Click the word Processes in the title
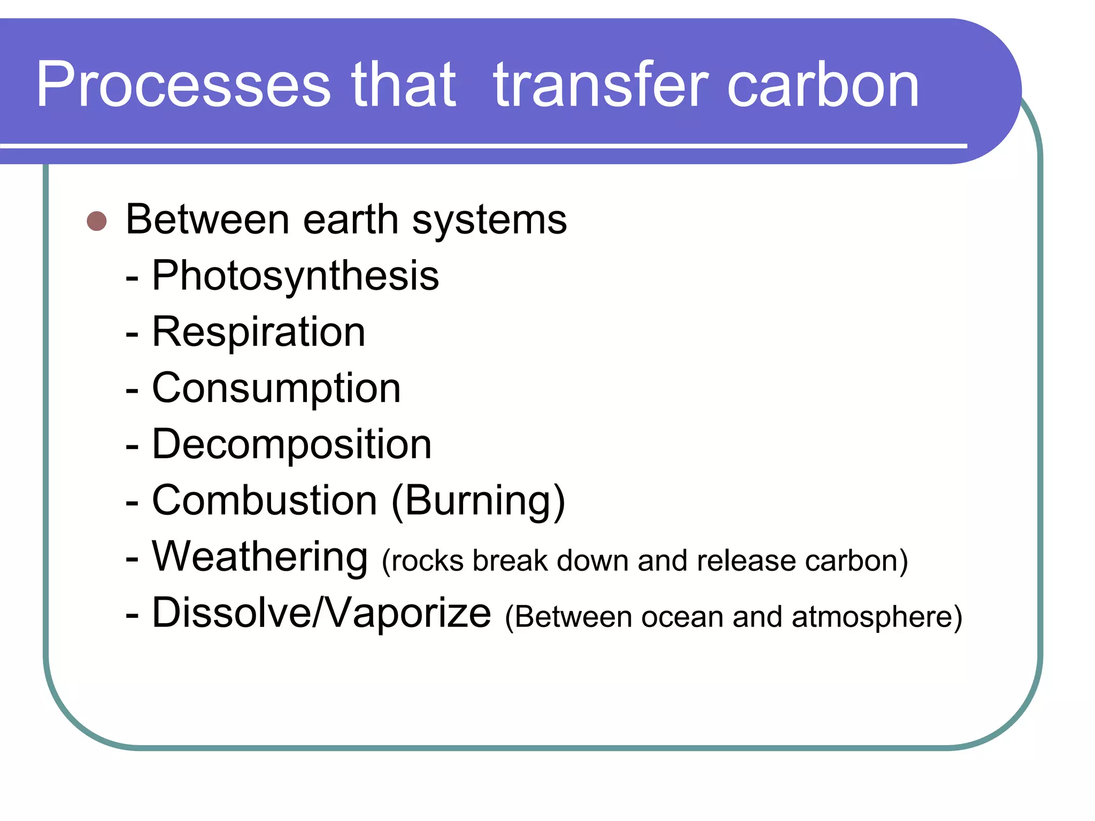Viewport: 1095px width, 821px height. pyautogui.click(x=183, y=86)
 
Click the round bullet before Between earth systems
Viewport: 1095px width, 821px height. pyautogui.click(x=97, y=221)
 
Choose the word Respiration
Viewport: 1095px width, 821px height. pyautogui.click(x=259, y=332)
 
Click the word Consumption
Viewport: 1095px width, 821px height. pyautogui.click(x=276, y=389)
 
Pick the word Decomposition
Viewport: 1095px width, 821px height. pyautogui.click(x=291, y=444)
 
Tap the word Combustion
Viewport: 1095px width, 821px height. pyautogui.click(x=265, y=500)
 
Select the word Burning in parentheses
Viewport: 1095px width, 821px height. pyautogui.click(x=478, y=501)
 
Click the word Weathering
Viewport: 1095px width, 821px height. pyautogui.click(x=260, y=557)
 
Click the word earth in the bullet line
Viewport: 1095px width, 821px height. pyautogui.click(x=350, y=220)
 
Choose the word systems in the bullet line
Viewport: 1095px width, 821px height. pyautogui.click(x=489, y=221)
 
